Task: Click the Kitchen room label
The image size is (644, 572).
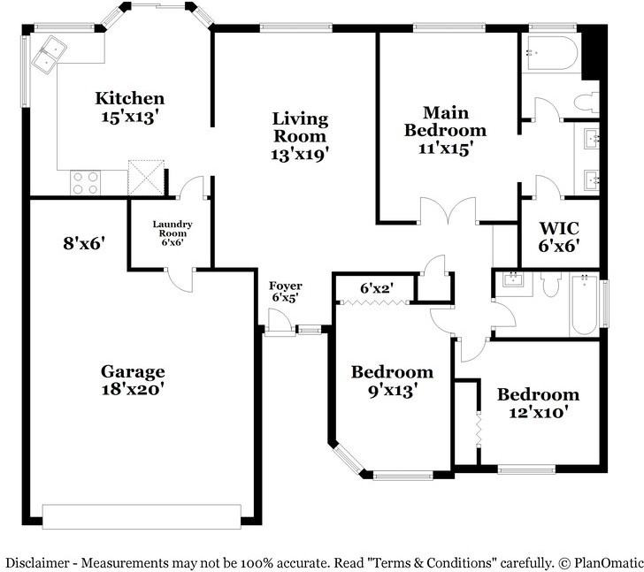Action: pyautogui.click(x=130, y=98)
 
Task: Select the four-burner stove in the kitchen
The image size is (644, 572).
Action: pyautogui.click(x=86, y=182)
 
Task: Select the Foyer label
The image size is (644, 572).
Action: pyautogui.click(x=287, y=286)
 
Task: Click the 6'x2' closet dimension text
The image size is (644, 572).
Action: pyautogui.click(x=377, y=287)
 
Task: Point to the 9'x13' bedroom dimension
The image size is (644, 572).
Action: pyautogui.click(x=392, y=388)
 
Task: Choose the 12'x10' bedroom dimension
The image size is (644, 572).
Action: pyautogui.click(x=538, y=411)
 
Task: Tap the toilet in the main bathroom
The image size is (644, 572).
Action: pyautogui.click(x=586, y=102)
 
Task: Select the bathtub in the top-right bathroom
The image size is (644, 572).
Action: pyautogui.click(x=553, y=53)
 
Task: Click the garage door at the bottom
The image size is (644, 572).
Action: pyautogui.click(x=142, y=516)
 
